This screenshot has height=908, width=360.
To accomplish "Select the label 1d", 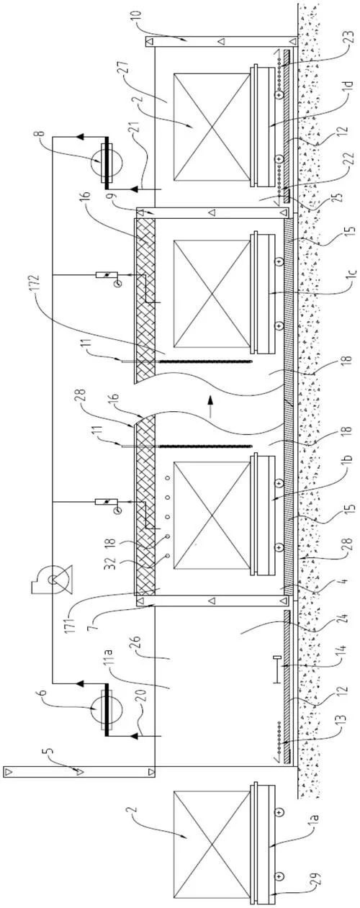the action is point(348,89).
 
